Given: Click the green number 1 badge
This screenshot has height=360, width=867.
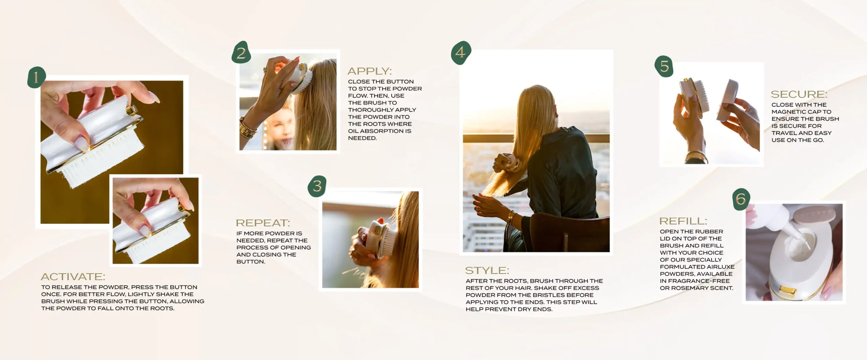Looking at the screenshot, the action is pos(36,78).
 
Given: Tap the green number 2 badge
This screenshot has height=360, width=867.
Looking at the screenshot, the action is pos(241,52).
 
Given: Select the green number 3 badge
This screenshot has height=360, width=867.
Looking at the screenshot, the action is pos(317,186).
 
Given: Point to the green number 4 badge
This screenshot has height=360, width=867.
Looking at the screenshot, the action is pos(461,53).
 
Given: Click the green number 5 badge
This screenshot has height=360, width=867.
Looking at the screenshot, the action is pos(664,66).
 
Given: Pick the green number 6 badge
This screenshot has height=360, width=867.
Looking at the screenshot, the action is pos(741,199).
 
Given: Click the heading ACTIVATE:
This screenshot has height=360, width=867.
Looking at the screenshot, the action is pos(73,277).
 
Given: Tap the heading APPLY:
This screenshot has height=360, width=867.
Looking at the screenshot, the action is pos(369,71).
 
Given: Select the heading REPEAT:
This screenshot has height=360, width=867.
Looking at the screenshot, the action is pos(263,223).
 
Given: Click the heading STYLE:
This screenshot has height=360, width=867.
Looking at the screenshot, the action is pos(487,271).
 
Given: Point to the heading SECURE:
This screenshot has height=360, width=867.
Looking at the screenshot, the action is pos(799,94).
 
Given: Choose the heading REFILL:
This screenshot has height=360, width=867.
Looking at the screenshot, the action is pos(683,221).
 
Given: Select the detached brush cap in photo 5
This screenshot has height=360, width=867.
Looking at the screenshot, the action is pos(728,100).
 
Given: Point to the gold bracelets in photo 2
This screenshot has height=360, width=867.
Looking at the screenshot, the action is pos(248,128).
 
